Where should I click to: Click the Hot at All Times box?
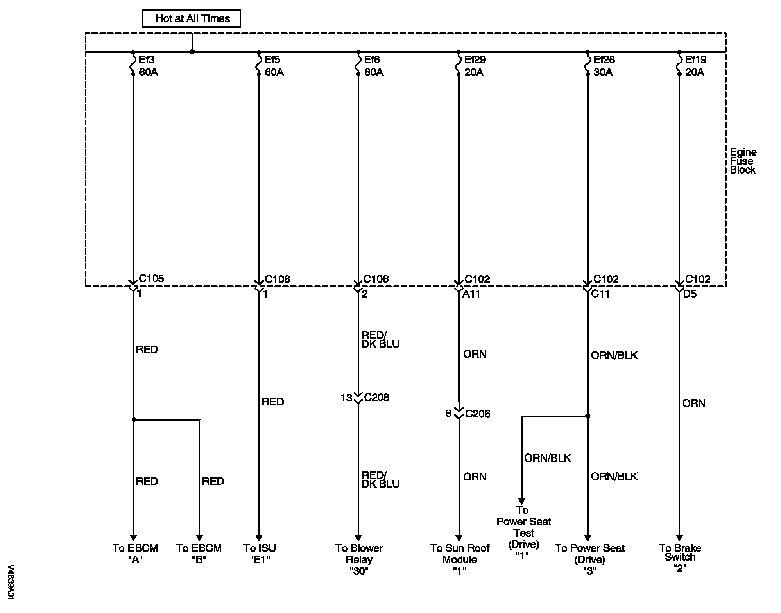(x=191, y=19)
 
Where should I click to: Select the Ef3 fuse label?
(x=147, y=60)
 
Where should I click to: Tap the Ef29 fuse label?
(x=475, y=60)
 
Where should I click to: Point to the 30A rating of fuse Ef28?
(x=603, y=72)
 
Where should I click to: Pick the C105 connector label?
(x=152, y=279)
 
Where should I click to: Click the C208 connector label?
(x=377, y=398)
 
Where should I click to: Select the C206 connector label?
(x=477, y=414)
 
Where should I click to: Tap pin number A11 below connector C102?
(x=471, y=294)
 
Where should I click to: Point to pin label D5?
(x=690, y=294)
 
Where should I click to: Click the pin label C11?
(x=600, y=294)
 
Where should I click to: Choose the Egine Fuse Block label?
(x=743, y=161)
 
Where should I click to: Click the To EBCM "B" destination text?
(x=199, y=554)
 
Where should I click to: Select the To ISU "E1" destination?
(x=260, y=554)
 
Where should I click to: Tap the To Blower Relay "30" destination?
(x=359, y=559)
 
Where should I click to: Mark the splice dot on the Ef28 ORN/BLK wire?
(x=587, y=416)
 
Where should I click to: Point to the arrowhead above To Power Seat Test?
(x=521, y=501)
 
